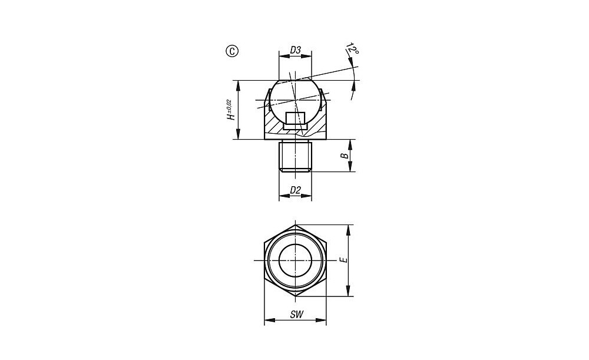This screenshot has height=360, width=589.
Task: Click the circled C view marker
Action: (231, 51)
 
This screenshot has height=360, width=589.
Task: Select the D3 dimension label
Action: (295, 50)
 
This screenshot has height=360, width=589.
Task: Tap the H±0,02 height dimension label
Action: (231, 110)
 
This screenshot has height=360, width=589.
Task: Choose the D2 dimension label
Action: (295, 190)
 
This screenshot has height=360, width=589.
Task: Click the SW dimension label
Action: (296, 314)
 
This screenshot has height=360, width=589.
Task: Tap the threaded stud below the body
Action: (295, 156)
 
